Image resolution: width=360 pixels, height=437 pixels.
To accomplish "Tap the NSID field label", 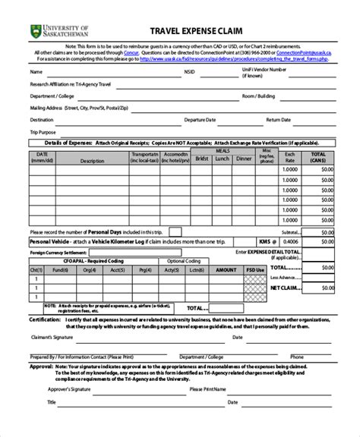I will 189,73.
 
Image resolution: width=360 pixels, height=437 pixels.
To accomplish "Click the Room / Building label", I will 257,97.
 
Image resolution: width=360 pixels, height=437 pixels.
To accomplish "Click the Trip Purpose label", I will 43,131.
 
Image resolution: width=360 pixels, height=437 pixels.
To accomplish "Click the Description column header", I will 91,161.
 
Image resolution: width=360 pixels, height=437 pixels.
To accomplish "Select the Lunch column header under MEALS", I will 221,159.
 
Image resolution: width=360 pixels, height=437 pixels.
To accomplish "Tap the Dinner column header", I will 244,159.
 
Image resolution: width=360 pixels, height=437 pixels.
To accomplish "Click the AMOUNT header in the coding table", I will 226,269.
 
